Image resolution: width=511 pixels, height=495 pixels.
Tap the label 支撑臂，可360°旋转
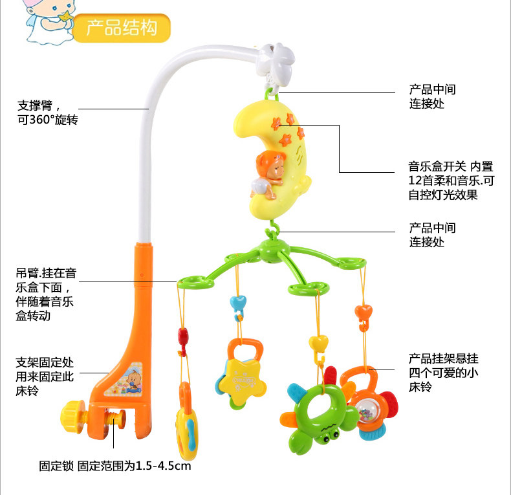pos(48,113)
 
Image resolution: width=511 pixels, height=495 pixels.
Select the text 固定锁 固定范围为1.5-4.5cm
pos(114,465)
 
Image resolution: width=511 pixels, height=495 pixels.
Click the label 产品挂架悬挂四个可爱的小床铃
pos(443,372)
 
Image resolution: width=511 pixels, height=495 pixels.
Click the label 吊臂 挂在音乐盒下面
pos(46,294)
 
